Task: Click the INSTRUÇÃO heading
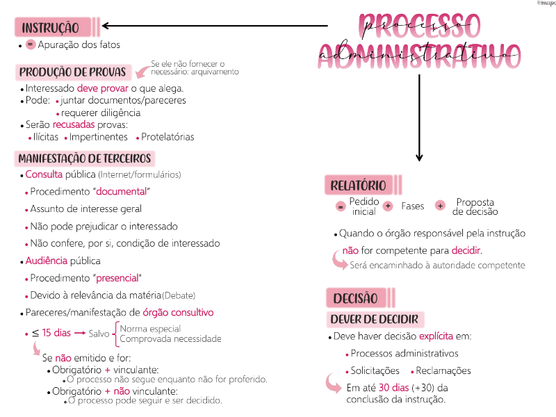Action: pos(51,28)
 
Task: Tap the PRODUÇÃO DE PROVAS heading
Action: pos(72,72)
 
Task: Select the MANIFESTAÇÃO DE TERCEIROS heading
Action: pos(84,158)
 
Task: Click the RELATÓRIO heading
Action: pos(358,186)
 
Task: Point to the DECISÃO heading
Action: pos(354,298)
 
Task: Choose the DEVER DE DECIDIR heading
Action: pos(375,319)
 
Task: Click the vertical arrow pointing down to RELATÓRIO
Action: pos(418,118)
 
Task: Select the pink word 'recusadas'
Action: pos(74,124)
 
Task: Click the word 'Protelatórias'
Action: pos(167,137)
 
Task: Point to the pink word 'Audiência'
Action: pos(46,261)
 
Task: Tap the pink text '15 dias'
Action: pos(56,333)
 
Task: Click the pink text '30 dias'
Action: pos(393,388)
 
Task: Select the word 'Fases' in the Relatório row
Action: pos(412,206)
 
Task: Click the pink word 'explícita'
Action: pos(436,336)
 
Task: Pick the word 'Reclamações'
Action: pos(444,370)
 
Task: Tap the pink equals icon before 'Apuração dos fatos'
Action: pos(30,44)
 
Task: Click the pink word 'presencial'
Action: pos(117,278)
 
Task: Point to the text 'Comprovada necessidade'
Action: pos(170,339)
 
